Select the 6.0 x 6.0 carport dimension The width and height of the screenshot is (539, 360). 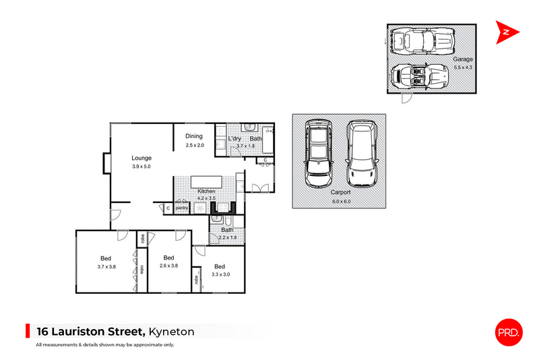click(342, 201)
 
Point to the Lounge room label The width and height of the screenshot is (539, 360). click(141, 158)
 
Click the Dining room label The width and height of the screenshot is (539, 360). click(195, 136)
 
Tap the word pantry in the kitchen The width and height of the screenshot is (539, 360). click(182, 208)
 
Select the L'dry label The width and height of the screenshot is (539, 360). click(234, 139)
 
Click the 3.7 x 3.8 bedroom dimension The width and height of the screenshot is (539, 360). click(106, 266)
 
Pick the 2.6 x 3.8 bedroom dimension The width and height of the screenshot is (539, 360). click(168, 266)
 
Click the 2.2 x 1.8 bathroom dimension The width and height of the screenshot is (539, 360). click(227, 237)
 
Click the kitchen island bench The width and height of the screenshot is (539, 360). click(206, 182)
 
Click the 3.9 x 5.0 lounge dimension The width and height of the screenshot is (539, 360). click(141, 167)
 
